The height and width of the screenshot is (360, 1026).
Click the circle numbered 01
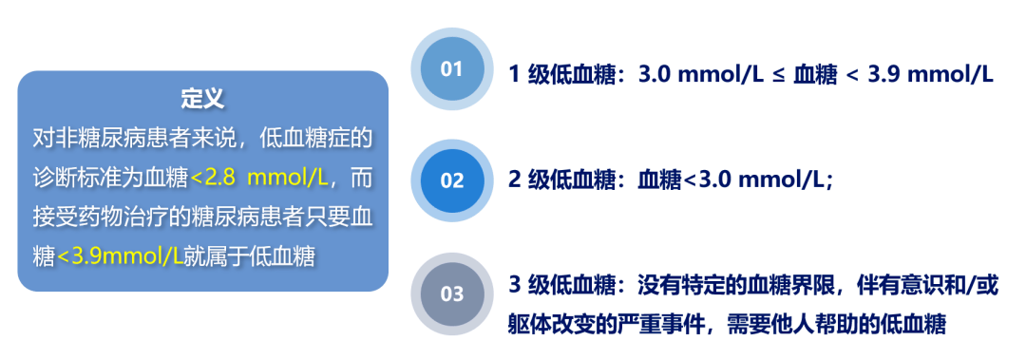point(451,69)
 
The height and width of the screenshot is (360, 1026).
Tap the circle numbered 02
point(452,180)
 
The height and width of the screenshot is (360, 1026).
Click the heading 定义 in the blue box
point(202,98)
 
